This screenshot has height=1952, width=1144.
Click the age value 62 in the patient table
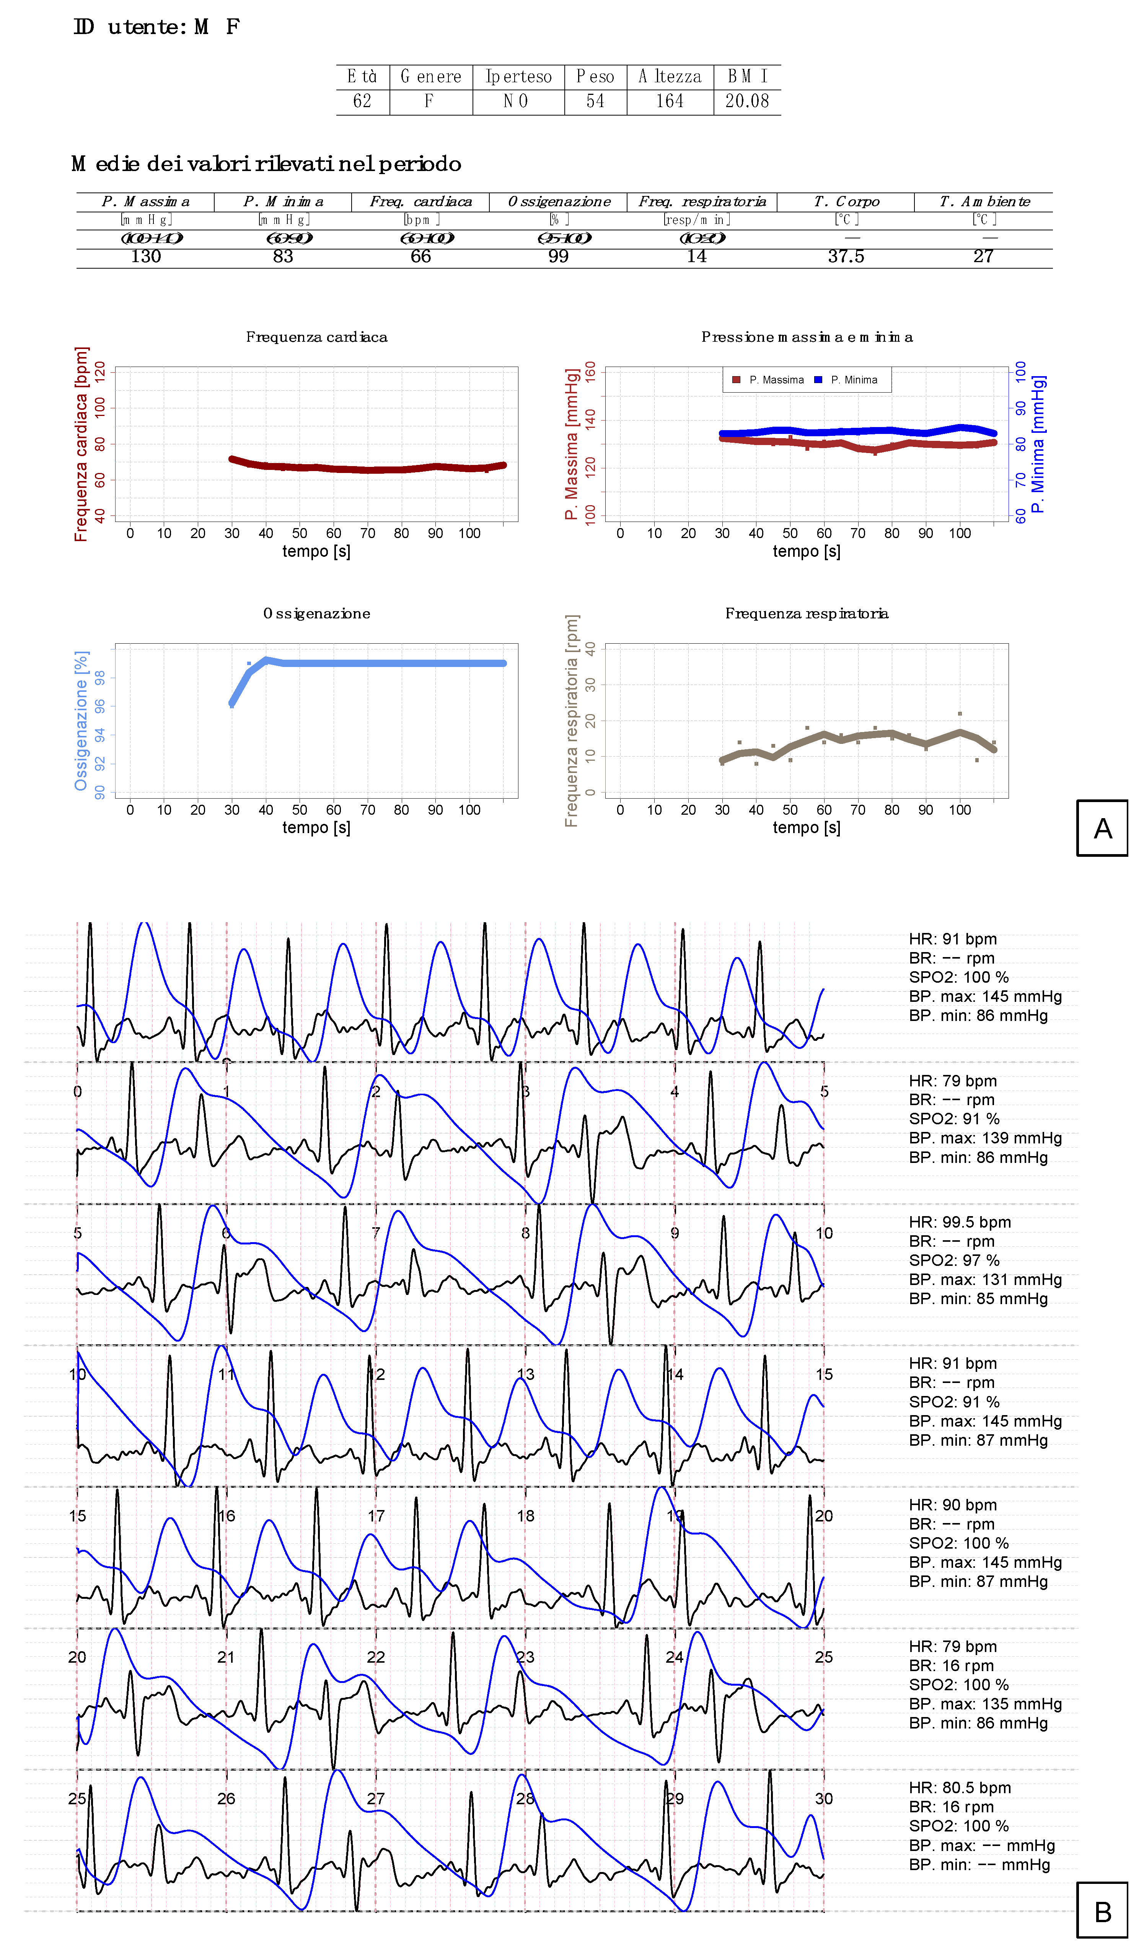coord(362,101)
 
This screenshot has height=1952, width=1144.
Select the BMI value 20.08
coord(746,101)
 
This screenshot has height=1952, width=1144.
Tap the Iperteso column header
coord(518,77)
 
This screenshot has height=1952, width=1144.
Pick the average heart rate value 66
coord(420,256)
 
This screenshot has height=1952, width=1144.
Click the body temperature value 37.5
coord(846,256)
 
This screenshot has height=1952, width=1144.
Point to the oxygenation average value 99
coord(559,256)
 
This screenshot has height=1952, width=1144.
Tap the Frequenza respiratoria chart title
coord(806,613)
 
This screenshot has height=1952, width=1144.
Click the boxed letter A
coord(1102,828)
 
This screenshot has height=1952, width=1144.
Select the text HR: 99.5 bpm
coord(960,1222)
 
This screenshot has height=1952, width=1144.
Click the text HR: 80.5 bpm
coord(960,1788)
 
